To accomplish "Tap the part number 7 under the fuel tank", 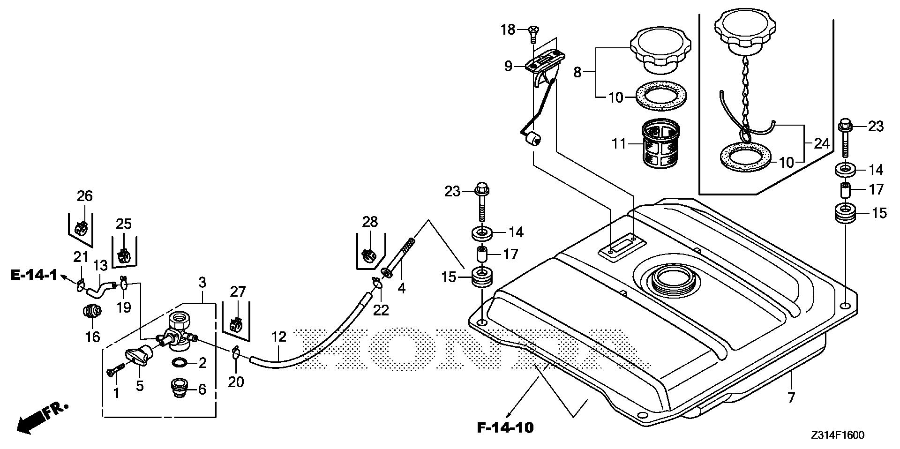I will point(791,398).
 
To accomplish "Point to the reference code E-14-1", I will point(34,275).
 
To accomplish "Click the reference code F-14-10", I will point(505,427).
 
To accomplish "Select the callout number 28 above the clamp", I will point(370,221).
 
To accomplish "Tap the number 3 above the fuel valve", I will point(202,283).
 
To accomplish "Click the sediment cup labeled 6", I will point(179,388).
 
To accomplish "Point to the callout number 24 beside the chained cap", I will point(822,143).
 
